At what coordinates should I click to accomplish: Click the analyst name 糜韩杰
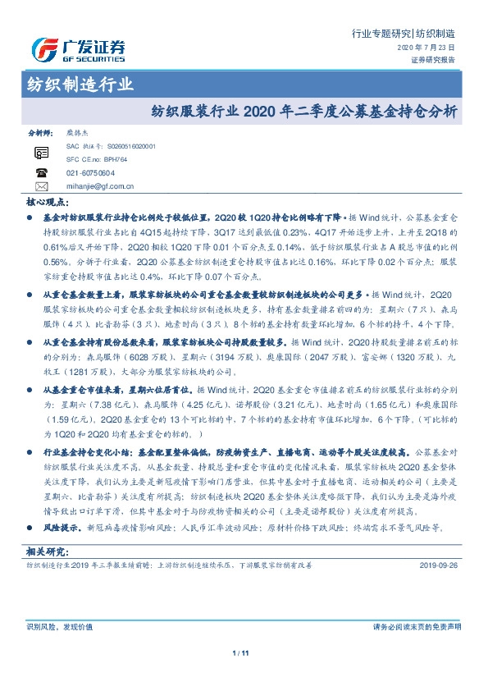pyautogui.click(x=79, y=132)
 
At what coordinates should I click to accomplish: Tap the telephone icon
pyautogui.click(x=41, y=172)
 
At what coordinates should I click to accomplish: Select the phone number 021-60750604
pyautogui.click(x=90, y=173)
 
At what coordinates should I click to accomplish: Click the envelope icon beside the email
pyautogui.click(x=41, y=186)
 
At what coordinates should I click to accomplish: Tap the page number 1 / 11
pyautogui.click(x=244, y=652)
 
